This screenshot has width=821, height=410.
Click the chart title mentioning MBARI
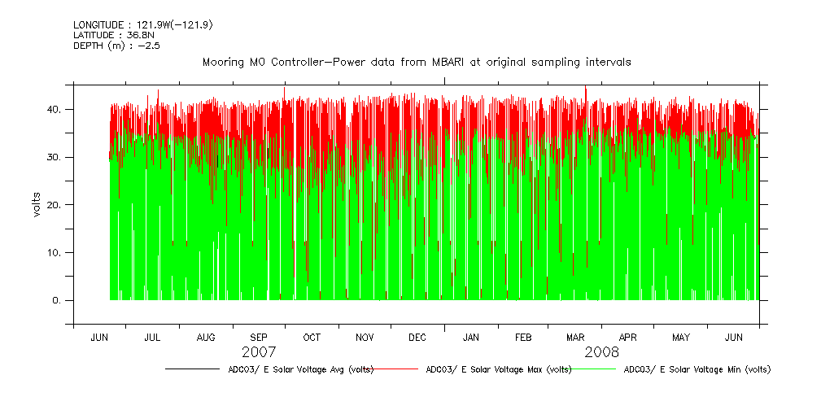coord(417,63)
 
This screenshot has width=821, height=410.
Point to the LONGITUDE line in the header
coord(142,24)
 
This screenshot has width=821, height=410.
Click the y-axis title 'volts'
coord(37,204)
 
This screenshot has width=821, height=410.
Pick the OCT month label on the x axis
coord(312,337)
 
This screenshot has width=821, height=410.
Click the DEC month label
coord(417,337)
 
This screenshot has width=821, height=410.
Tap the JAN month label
coord(470,337)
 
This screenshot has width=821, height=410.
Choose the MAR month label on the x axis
coord(575,337)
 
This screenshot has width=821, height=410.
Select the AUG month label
coord(206,337)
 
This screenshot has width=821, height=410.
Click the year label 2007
coord(259,352)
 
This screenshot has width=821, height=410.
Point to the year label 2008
coord(601,352)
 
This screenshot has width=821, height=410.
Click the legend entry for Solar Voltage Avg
coord(300,369)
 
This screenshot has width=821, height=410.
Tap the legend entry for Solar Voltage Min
coord(697,369)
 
